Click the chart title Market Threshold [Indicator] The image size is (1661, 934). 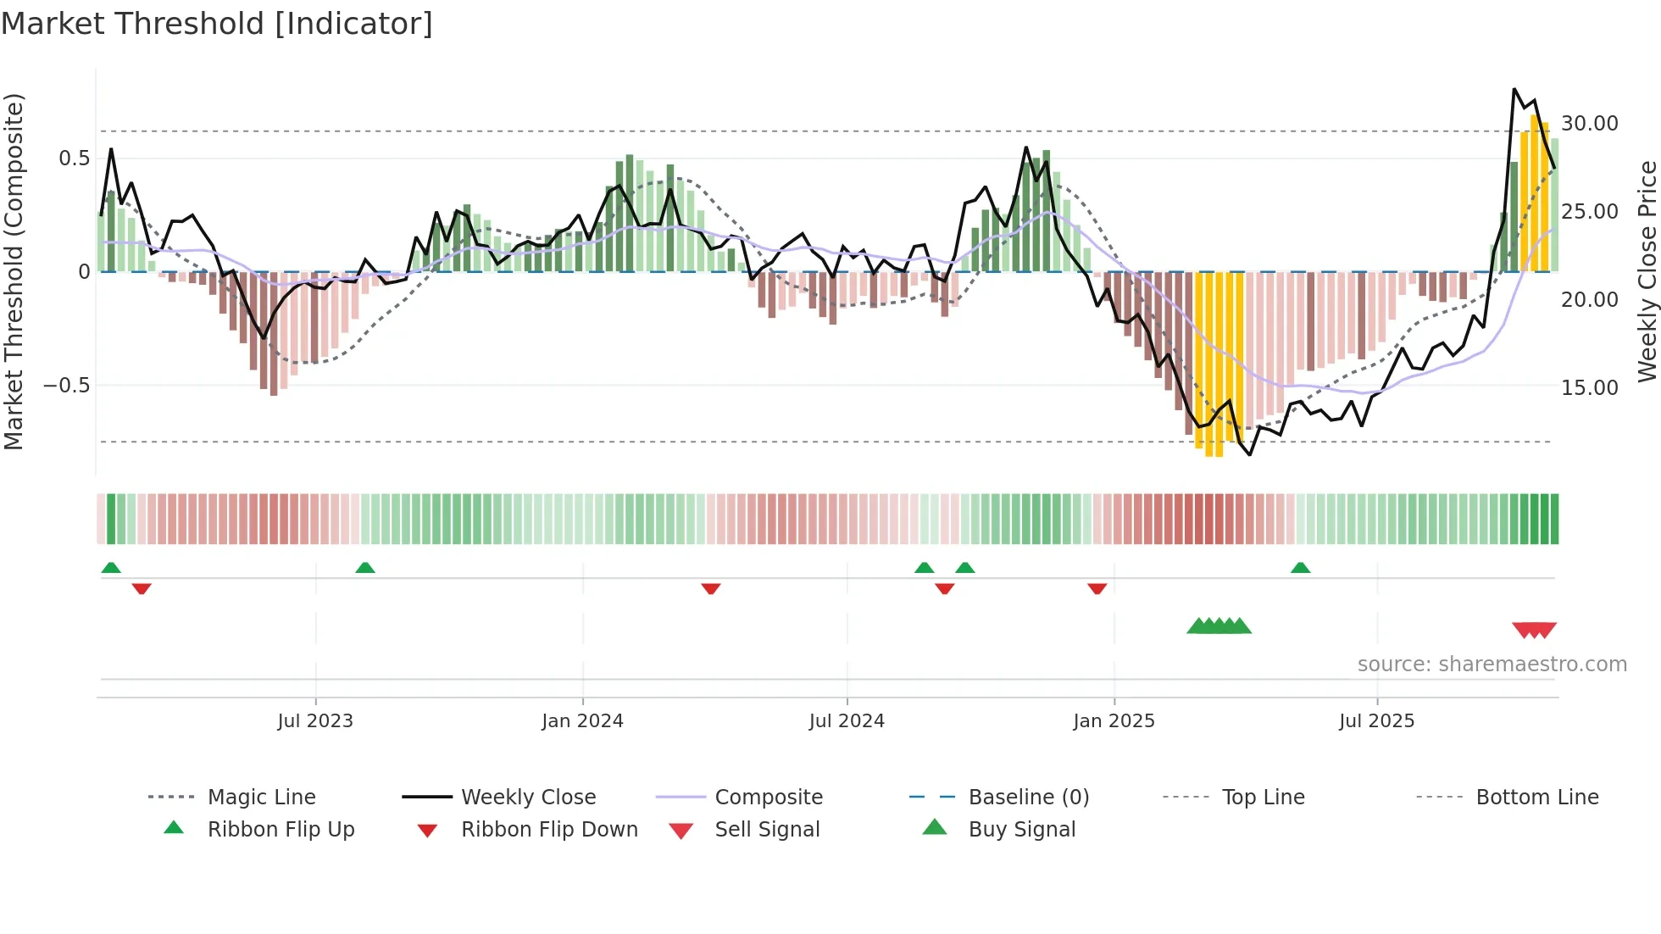click(x=217, y=24)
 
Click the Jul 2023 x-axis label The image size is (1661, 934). click(x=315, y=721)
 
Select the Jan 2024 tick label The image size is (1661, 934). click(x=582, y=721)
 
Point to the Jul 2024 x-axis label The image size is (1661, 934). click(x=847, y=721)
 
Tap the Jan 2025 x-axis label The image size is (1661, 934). click(x=1114, y=721)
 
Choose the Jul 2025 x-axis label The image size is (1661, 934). click(x=1377, y=721)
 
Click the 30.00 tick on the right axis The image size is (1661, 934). click(x=1590, y=124)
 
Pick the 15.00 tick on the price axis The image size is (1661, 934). click(x=1590, y=388)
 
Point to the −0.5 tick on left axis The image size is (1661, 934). click(x=67, y=386)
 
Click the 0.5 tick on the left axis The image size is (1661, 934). click(x=75, y=158)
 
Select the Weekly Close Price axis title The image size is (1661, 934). click(x=1647, y=271)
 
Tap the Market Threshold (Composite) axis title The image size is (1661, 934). click(x=14, y=271)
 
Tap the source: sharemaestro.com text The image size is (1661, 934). click(x=1492, y=664)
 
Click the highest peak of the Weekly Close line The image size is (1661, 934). click(x=1514, y=89)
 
